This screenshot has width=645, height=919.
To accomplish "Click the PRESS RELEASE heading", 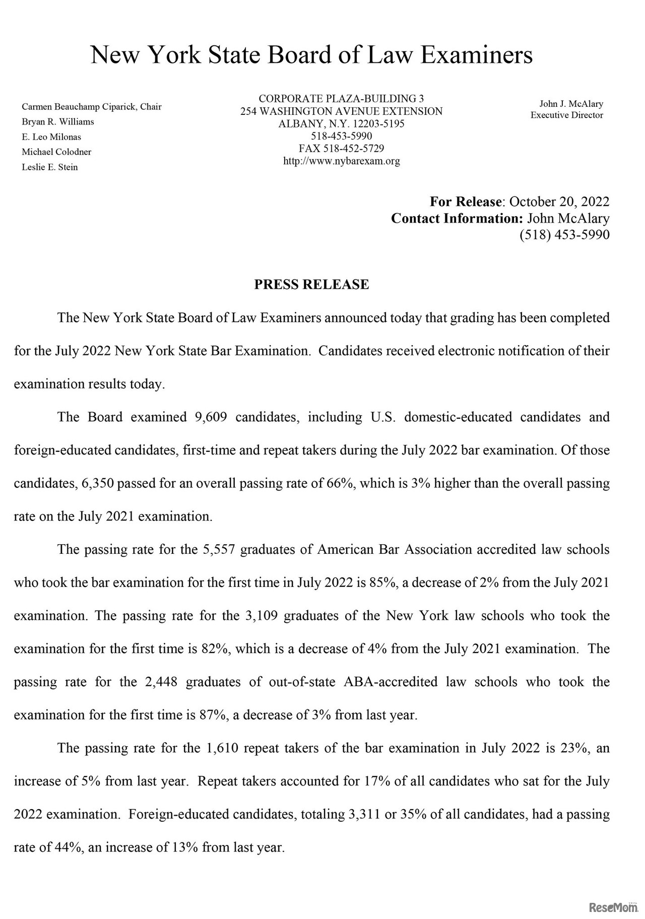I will click(x=311, y=285).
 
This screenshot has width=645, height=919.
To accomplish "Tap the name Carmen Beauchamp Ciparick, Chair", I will click(x=91, y=107).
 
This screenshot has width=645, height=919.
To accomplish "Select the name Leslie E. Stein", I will click(x=50, y=167).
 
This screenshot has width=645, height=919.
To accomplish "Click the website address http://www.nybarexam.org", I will click(x=341, y=161).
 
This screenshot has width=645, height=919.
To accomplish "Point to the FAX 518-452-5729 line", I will click(x=341, y=149).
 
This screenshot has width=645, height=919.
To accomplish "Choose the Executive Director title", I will click(x=566, y=115).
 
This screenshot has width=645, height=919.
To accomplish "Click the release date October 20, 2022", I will click(x=559, y=202).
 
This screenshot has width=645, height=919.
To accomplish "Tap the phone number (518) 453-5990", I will click(x=564, y=235).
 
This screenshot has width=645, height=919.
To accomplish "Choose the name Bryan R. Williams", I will click(x=58, y=122).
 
